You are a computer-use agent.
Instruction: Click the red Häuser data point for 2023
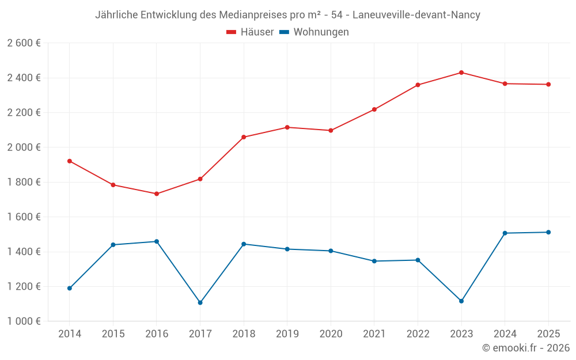[x=461, y=73]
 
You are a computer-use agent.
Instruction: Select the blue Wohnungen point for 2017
[x=200, y=302]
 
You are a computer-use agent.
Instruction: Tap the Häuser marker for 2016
[x=157, y=194]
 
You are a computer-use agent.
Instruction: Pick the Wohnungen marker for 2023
[x=461, y=301]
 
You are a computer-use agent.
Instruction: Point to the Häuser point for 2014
[x=70, y=161]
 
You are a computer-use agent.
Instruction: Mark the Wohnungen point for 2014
[x=70, y=288]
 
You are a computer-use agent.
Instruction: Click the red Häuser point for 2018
[x=244, y=137]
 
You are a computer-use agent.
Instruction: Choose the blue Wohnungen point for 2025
[x=548, y=232]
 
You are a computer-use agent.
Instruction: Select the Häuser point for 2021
[x=374, y=109]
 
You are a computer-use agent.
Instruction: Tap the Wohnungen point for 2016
[x=157, y=241]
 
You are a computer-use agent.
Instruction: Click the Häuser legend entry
[x=250, y=32]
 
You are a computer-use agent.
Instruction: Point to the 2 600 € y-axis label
[x=24, y=43]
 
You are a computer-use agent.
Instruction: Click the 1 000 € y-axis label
[x=24, y=321]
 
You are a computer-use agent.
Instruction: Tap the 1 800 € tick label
[x=24, y=182]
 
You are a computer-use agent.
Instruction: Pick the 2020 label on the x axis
[x=331, y=334]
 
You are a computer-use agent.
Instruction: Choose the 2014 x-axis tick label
[x=70, y=334]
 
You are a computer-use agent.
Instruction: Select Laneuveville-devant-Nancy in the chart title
[x=414, y=15]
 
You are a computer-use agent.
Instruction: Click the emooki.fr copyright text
[x=526, y=348]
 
